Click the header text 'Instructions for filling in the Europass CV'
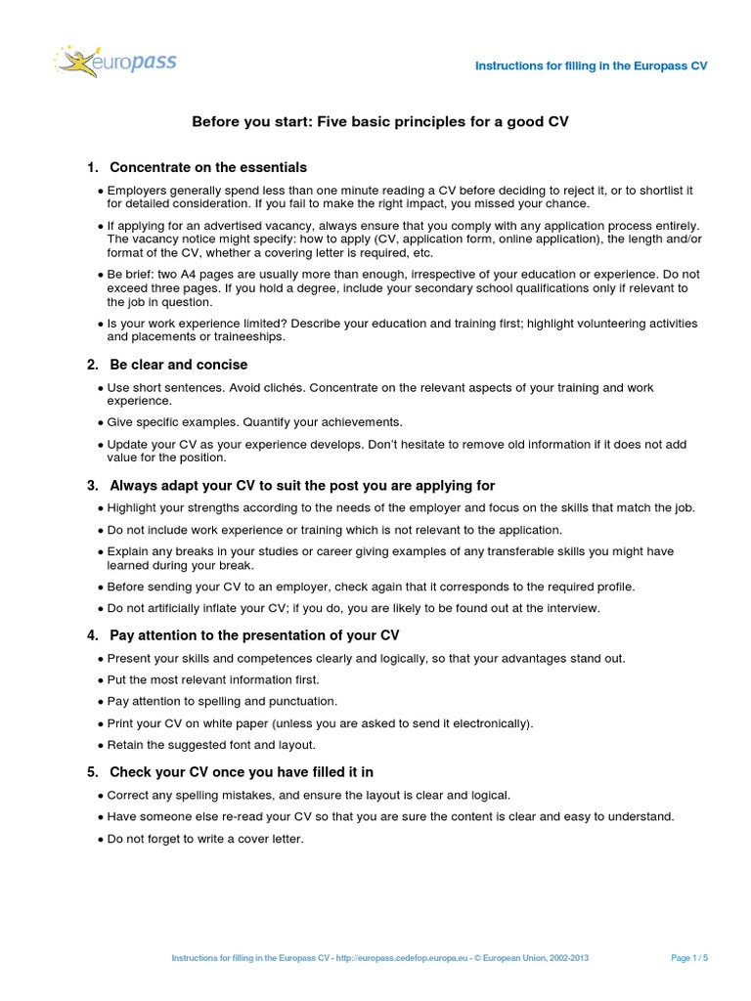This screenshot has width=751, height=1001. pyautogui.click(x=591, y=65)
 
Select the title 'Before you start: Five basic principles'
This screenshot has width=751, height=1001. pyautogui.click(x=379, y=122)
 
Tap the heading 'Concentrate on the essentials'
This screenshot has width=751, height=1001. pyautogui.click(x=208, y=167)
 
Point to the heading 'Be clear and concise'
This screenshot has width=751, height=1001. pyautogui.click(x=178, y=365)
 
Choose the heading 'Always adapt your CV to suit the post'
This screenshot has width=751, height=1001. pyautogui.click(x=302, y=485)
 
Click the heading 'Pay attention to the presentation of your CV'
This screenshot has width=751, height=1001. pyautogui.click(x=254, y=635)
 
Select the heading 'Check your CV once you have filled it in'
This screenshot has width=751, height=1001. pyautogui.click(x=242, y=771)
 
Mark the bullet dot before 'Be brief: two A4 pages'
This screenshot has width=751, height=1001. pyautogui.click(x=102, y=276)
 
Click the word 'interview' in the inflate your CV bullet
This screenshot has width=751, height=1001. pyautogui.click(x=571, y=608)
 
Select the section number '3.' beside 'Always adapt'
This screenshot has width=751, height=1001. pyautogui.click(x=93, y=485)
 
